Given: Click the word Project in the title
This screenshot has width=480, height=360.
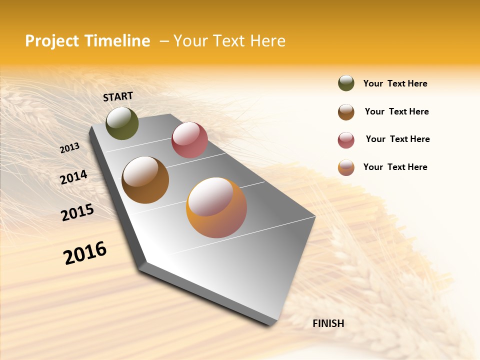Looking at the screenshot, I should pyautogui.click(x=52, y=41).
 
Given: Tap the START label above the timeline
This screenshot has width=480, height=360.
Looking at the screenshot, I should pyautogui.click(x=118, y=96).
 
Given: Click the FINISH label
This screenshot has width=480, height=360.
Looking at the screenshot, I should pyautogui.click(x=328, y=323).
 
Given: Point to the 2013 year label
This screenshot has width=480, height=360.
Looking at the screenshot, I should pyautogui.click(x=69, y=147).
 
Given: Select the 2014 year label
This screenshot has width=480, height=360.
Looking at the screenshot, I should pyautogui.click(x=73, y=177).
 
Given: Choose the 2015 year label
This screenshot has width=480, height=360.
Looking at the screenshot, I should pyautogui.click(x=77, y=212).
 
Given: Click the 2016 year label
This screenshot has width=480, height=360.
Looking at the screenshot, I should pyautogui.click(x=85, y=253).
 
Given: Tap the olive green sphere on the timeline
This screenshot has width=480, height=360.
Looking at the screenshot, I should pyautogui.click(x=122, y=123).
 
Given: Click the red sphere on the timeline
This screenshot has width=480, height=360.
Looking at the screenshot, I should pyautogui.click(x=189, y=140).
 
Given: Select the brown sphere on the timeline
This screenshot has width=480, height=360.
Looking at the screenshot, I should pyautogui.click(x=145, y=180).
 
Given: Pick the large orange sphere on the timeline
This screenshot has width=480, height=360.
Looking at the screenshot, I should pyautogui.click(x=216, y=207).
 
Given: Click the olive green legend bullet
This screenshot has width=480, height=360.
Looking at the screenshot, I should pyautogui.click(x=346, y=83).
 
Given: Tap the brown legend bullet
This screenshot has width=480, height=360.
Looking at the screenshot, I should pyautogui.click(x=346, y=112).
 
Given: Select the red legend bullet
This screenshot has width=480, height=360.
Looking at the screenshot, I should pyautogui.click(x=346, y=140).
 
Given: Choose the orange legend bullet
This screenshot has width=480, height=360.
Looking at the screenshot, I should pyautogui.click(x=346, y=167).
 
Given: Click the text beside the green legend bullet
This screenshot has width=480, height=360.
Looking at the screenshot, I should pyautogui.click(x=395, y=83).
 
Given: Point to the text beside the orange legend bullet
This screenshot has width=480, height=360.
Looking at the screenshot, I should pyautogui.click(x=395, y=167).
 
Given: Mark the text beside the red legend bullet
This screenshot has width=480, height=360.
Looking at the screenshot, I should pyautogui.click(x=397, y=139).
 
